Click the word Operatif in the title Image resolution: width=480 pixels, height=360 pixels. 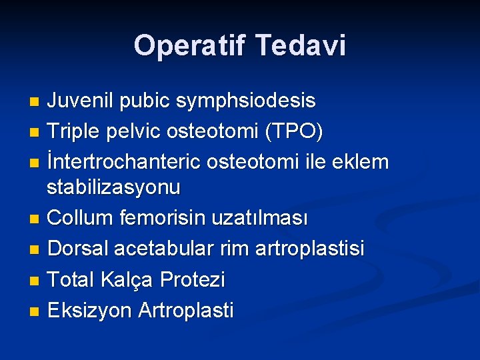point(189,45)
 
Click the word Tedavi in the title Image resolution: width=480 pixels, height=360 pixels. point(301,45)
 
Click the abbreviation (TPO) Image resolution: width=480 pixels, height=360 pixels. point(293,132)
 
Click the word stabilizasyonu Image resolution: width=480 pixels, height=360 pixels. point(113,187)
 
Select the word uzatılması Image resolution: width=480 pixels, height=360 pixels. point(269,218)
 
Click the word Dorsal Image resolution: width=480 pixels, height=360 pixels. point(79,249)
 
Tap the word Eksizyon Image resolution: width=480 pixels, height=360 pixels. point(91,310)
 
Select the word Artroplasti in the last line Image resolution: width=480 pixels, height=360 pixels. point(186,310)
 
